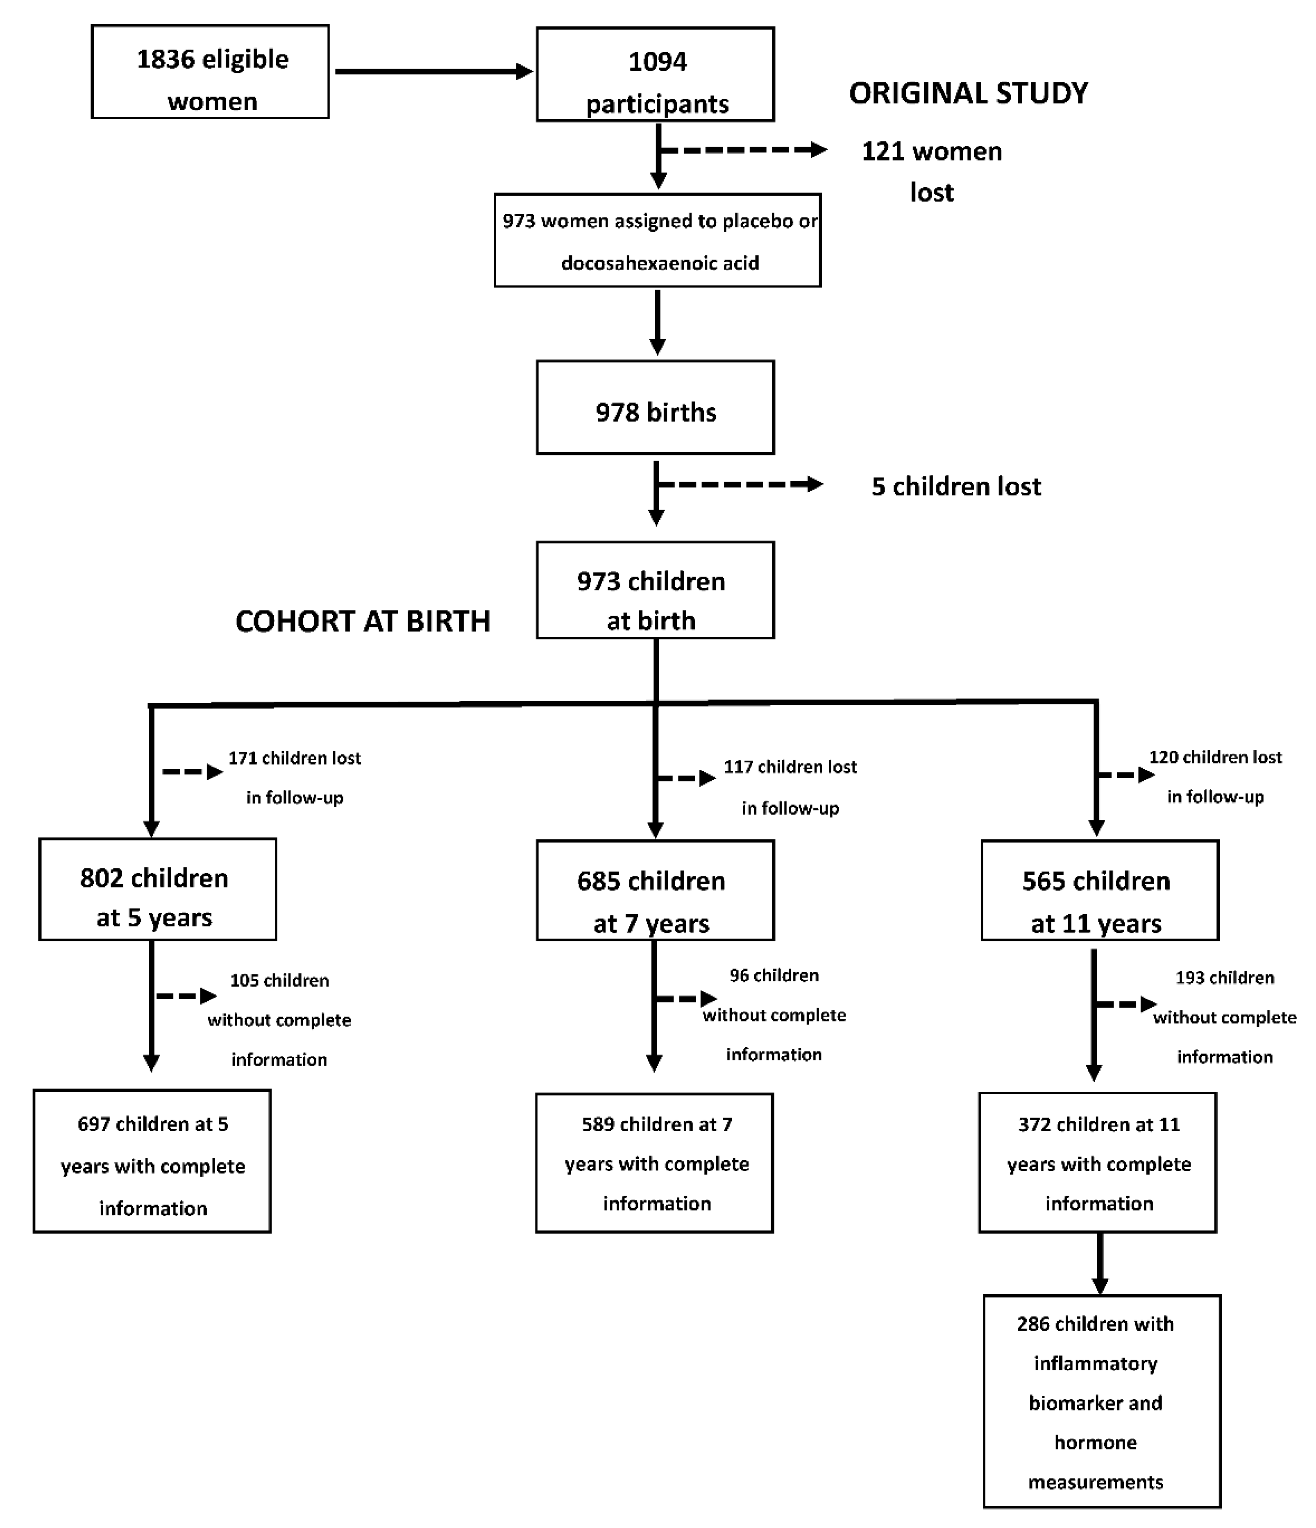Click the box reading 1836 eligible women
click(210, 72)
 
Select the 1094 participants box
click(655, 75)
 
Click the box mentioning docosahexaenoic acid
click(657, 240)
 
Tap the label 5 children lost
click(955, 487)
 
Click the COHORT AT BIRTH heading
click(362, 622)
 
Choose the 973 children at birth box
click(655, 591)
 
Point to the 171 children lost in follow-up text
click(294, 777)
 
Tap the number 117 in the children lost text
click(737, 767)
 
